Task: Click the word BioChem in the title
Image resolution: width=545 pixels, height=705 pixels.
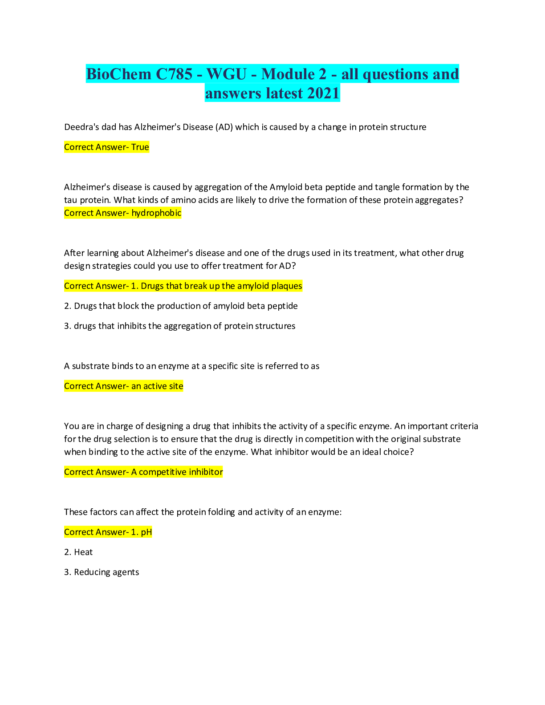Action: [119, 74]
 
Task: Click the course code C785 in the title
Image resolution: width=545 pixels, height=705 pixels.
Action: [174, 74]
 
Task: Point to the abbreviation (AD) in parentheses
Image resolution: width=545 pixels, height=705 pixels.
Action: [224, 127]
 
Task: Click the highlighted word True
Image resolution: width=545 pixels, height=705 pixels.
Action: [140, 147]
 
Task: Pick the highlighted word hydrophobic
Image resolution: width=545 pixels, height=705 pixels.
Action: [156, 213]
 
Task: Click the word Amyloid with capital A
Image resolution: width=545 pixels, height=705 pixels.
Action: [286, 187]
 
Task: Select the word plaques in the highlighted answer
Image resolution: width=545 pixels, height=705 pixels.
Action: [287, 286]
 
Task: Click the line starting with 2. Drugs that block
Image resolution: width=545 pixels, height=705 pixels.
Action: [181, 306]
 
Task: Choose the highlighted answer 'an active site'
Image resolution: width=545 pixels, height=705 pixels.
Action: [157, 386]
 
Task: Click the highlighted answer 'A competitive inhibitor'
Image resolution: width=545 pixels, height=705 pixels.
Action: [177, 472]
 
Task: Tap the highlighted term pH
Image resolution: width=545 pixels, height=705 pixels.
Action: [146, 532]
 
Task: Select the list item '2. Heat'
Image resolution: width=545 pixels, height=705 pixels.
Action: [78, 552]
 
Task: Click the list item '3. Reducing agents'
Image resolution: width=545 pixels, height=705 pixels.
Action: [102, 572]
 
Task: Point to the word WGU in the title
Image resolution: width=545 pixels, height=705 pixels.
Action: [227, 74]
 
